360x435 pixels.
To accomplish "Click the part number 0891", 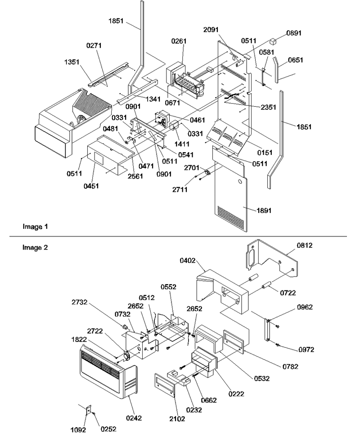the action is click(294, 33).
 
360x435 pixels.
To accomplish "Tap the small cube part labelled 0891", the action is click(274, 41).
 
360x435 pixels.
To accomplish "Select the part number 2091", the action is click(211, 30).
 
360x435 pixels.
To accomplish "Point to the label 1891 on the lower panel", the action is click(264, 211).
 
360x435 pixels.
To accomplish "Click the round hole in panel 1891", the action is click(240, 182).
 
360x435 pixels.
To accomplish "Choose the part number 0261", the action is click(179, 41).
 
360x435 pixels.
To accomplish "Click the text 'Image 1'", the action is click(35, 227).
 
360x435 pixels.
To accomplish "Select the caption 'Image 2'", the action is click(35, 247).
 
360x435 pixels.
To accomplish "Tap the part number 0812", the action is click(305, 245).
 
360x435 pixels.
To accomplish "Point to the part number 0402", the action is click(187, 260).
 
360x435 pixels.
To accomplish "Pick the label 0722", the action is click(288, 293).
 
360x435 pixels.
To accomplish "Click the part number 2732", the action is click(80, 302).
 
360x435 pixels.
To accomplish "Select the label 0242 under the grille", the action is click(134, 418).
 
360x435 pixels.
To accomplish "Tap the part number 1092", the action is click(78, 430).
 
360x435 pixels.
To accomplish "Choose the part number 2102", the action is click(177, 419).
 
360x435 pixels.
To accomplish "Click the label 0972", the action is click(306, 349).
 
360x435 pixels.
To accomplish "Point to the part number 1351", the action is click(72, 62).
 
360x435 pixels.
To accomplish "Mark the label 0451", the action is click(91, 186).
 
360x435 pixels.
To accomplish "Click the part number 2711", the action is click(180, 190).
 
